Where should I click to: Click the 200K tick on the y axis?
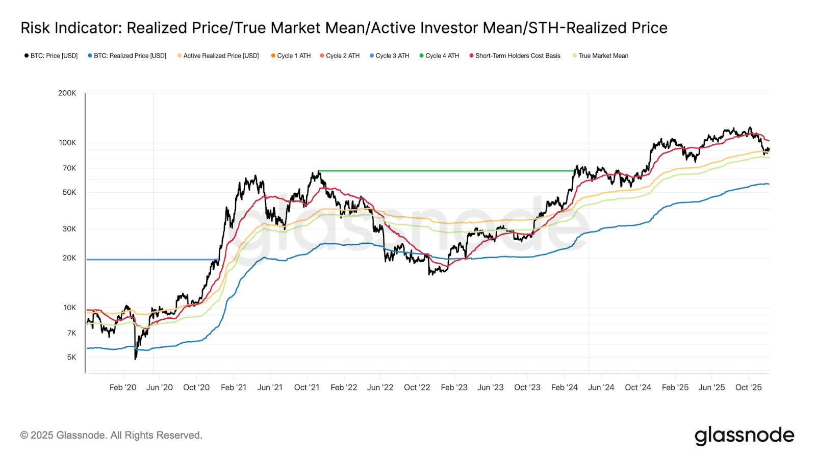[67, 93]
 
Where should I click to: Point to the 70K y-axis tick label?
[69, 168]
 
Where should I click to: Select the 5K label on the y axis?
[71, 358]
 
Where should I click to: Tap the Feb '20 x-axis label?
[123, 388]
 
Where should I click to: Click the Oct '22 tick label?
[417, 388]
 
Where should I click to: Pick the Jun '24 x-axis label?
[601, 388]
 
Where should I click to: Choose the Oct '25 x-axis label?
[748, 388]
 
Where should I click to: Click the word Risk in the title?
[36, 28]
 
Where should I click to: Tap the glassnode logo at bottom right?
[744, 436]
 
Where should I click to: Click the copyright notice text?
[111, 436]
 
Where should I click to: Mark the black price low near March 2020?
[135, 359]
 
